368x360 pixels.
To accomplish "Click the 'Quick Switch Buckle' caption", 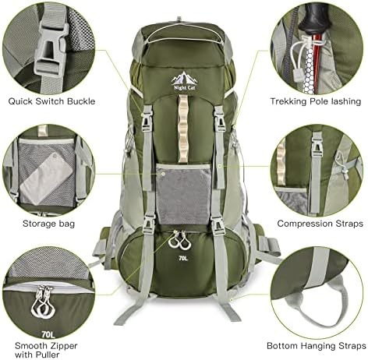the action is pos(51,101).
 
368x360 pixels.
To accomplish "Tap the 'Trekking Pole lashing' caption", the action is pos(316,101).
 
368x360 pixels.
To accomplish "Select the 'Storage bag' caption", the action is pos(48,224).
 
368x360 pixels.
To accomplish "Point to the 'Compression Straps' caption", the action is pos(320,224).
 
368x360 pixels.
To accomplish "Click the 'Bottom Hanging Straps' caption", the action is pos(317,346).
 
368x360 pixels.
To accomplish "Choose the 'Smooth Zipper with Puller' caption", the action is pos(46,350).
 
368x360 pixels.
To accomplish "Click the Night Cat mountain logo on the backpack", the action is pos(184,81).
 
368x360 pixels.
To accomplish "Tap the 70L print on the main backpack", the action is pos(183,258).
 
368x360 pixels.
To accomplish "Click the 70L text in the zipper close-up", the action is pos(48,334).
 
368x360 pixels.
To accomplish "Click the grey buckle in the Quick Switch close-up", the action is pos(51,46).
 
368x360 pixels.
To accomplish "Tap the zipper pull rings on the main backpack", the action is pos(180,240).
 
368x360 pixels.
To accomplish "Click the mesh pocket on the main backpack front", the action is pos(183,194).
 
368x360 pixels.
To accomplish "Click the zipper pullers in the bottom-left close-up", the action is pos(43,302).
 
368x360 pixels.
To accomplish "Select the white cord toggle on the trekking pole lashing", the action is pos(296,75).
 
